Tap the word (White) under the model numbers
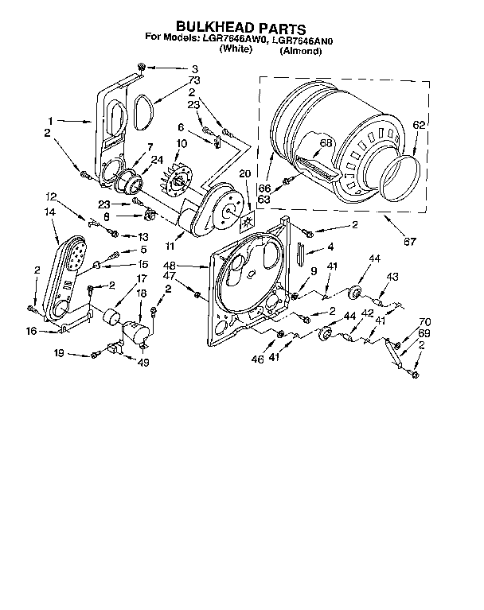(x=236, y=49)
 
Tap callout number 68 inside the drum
(x=326, y=143)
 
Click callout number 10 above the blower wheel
(x=181, y=143)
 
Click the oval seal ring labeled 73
(x=144, y=111)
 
